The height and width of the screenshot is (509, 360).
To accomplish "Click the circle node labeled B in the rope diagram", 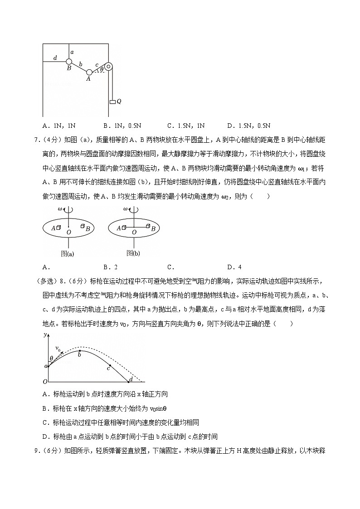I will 69,62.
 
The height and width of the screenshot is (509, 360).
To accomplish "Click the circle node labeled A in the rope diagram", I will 89,72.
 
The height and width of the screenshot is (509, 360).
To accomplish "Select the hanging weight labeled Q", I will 112,102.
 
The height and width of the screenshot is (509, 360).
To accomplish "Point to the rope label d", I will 55,58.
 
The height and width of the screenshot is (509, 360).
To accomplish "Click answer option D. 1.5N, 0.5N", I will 249,126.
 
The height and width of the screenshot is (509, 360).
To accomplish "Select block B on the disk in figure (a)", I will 83,226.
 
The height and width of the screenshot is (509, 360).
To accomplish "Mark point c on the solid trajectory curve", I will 109,365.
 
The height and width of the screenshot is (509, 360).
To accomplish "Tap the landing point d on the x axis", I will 129,382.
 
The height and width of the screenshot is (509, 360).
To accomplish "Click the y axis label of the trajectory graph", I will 45,335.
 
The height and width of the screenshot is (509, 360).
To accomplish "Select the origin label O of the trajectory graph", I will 44,382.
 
